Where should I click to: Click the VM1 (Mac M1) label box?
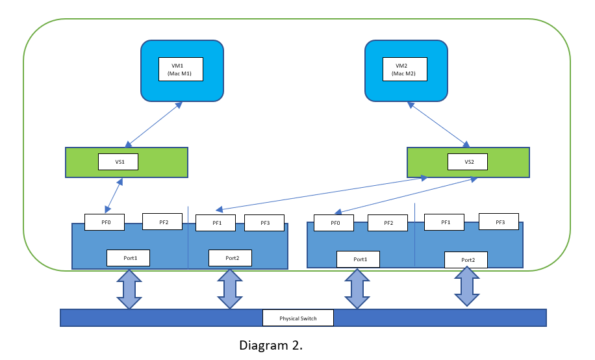(x=181, y=70)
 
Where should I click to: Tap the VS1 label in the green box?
(x=118, y=162)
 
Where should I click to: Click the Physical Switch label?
(x=298, y=318)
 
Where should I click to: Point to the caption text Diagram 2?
(x=271, y=345)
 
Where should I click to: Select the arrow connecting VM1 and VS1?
(x=153, y=124)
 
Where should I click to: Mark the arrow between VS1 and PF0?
(x=114, y=194)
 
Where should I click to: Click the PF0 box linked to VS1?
(x=105, y=222)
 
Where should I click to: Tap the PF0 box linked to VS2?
(x=333, y=223)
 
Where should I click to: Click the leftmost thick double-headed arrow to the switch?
(x=129, y=289)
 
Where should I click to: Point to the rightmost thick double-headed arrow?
(x=466, y=287)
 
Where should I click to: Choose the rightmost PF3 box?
(x=500, y=222)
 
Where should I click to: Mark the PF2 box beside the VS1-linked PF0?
(x=164, y=222)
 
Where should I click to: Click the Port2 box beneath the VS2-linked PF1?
(x=230, y=258)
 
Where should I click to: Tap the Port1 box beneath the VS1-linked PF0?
(x=131, y=257)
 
